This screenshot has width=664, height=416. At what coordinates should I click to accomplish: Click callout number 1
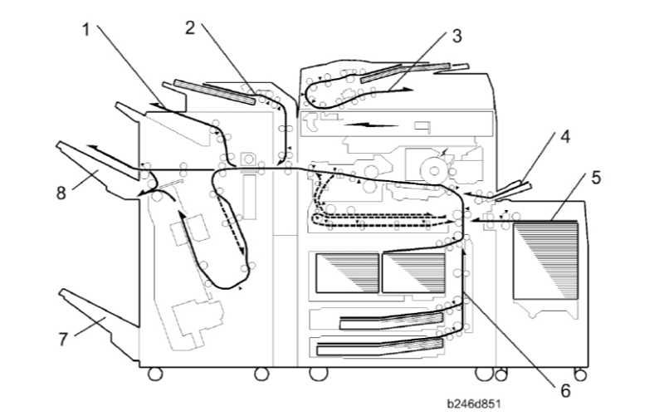tap(86, 30)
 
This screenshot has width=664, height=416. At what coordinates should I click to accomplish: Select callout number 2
tap(190, 28)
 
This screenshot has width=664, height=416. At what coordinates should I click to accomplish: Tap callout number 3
tap(456, 36)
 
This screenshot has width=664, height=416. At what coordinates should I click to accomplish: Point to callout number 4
tap(565, 137)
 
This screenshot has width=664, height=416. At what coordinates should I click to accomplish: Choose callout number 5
tap(596, 178)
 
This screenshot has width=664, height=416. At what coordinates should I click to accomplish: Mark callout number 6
tap(566, 390)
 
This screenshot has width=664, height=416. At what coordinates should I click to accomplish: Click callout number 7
tap(63, 340)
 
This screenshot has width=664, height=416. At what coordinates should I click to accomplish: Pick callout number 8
tap(61, 193)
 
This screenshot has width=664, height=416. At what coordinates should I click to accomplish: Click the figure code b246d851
tap(474, 404)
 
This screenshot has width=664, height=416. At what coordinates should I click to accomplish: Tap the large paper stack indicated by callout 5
tap(545, 261)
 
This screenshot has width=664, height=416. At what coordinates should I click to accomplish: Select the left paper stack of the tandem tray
tap(347, 273)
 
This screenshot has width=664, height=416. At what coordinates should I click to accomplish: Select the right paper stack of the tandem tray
tap(413, 273)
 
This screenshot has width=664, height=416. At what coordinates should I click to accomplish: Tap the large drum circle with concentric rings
tap(434, 170)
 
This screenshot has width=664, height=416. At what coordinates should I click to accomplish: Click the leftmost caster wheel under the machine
tap(155, 374)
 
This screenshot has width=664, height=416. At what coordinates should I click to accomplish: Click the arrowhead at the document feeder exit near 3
tap(408, 90)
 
